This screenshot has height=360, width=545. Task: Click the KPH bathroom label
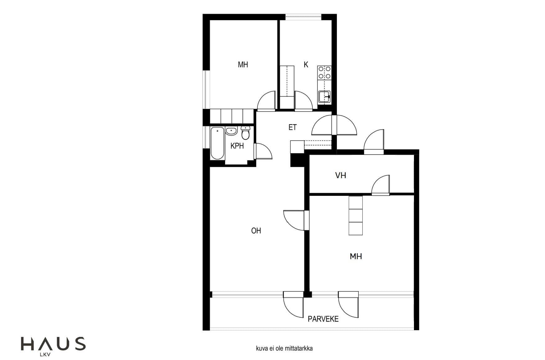tap(237, 146)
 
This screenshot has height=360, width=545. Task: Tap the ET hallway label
tap(293, 127)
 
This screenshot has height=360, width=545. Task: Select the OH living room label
tap(256, 231)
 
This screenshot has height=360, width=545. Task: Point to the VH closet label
tap(340, 175)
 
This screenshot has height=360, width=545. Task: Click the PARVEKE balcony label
tap(323, 319)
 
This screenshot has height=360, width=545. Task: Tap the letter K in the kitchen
tap(306, 65)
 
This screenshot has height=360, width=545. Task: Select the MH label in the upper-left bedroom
tap(243, 65)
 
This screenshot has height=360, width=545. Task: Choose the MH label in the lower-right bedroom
tap(356, 256)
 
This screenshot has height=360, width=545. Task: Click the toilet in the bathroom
tap(245, 133)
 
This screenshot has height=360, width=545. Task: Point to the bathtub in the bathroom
tap(217, 143)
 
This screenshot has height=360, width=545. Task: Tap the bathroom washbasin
tap(231, 131)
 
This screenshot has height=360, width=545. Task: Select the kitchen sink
tap(324, 96)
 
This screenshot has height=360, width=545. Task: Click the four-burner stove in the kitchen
tap(324, 72)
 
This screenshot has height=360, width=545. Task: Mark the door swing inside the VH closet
tap(381, 185)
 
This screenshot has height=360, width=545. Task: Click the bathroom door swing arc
tap(263, 151)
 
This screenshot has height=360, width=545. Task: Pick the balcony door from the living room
tap(293, 304)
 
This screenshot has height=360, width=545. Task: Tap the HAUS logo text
tap(53, 344)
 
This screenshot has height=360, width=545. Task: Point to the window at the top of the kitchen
tap(303, 17)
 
